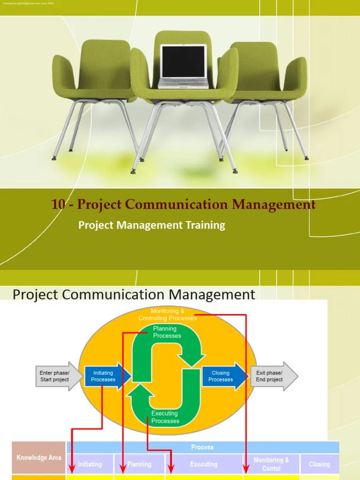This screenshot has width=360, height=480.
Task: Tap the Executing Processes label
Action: tap(165, 417)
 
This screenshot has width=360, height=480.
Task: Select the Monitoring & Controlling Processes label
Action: tap(167, 315)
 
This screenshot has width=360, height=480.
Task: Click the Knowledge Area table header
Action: tap(39, 458)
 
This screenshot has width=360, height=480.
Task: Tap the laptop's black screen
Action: tap(183, 61)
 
